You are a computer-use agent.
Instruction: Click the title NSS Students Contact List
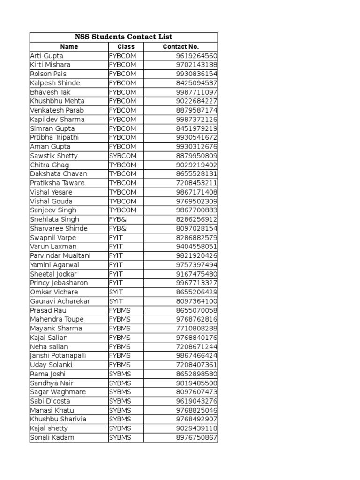[x=124, y=37]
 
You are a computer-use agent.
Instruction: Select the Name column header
[x=69, y=47]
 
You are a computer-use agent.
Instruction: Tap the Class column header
[x=126, y=47]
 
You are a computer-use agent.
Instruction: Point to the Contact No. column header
[x=180, y=47]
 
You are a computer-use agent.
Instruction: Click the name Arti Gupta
[x=46, y=56]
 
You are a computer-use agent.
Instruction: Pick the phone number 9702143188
[x=196, y=65]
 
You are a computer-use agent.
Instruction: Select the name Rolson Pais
[x=48, y=74]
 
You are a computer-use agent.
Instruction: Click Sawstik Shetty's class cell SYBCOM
[x=123, y=156]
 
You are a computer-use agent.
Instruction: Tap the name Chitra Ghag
[x=49, y=165]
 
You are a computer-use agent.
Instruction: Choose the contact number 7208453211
[x=196, y=183]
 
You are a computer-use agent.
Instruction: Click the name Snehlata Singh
[x=54, y=219]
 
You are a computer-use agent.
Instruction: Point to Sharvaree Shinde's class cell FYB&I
[x=118, y=228]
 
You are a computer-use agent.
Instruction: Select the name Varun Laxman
[x=53, y=247]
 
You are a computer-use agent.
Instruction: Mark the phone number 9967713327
[x=196, y=283]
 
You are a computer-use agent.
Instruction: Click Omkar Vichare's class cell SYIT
[x=116, y=292]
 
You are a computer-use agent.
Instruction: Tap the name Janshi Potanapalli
[x=58, y=356]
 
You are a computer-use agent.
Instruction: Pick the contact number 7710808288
[x=196, y=329]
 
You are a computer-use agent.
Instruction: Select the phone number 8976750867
[x=196, y=438]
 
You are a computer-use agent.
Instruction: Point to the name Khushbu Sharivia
[x=58, y=419]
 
